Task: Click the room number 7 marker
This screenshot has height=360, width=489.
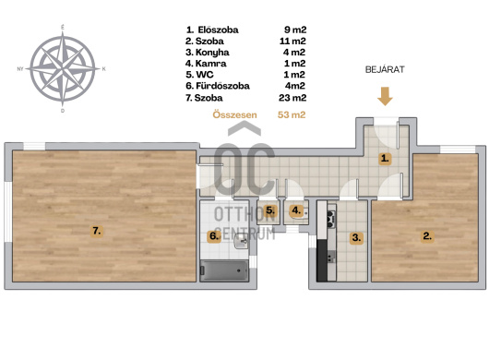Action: pyautogui.click(x=97, y=231)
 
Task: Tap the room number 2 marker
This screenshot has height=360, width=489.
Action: pyautogui.click(x=427, y=235)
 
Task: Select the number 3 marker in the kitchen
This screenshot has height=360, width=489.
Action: pyautogui.click(x=356, y=238)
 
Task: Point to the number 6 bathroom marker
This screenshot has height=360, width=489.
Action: pyautogui.click(x=214, y=235)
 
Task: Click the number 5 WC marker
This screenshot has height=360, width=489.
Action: pyautogui.click(x=270, y=210)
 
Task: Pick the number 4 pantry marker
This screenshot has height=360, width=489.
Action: pyautogui.click(x=296, y=210)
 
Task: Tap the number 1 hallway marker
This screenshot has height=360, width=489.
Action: pyautogui.click(x=385, y=159)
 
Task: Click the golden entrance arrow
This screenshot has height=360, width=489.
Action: pyautogui.click(x=385, y=96)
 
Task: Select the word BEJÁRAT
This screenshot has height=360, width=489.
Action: pyautogui.click(x=385, y=69)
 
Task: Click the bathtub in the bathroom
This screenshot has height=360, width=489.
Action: pyautogui.click(x=224, y=270)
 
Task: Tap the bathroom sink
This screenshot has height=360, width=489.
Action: pyautogui.click(x=241, y=241)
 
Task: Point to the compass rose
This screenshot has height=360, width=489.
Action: pyautogui.click(x=63, y=68)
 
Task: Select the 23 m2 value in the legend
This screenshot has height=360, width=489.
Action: pyautogui.click(x=292, y=98)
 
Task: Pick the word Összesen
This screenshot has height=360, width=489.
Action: pyautogui.click(x=235, y=114)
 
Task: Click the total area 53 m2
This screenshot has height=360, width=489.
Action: pyautogui.click(x=292, y=114)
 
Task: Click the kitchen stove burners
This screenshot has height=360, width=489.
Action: pyautogui.click(x=331, y=218)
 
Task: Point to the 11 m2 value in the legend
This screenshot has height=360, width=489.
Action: pyautogui.click(x=292, y=42)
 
